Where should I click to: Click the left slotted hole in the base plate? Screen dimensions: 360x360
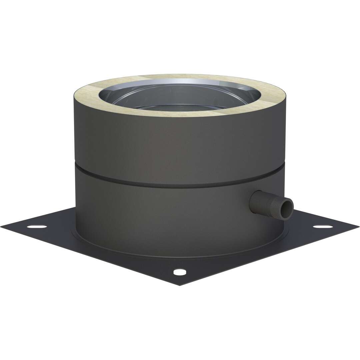coord(37,227)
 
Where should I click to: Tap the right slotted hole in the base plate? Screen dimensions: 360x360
coord(323,227)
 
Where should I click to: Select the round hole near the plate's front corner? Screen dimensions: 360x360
coord(180,272)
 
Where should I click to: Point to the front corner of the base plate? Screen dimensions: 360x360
coord(180,285)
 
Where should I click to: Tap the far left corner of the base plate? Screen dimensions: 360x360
coord(2,227)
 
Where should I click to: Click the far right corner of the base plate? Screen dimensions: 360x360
coord(358,227)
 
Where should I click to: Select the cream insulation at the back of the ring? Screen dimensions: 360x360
coord(180,77)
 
